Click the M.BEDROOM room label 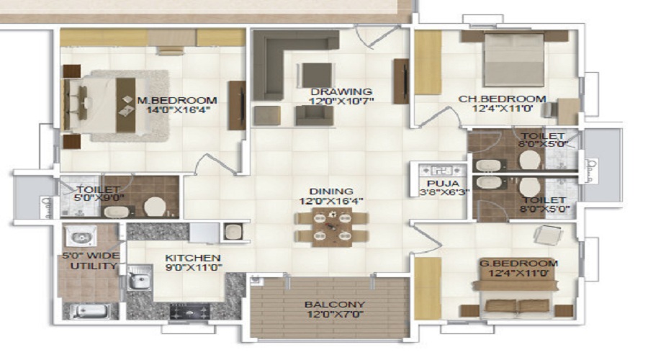(177, 100)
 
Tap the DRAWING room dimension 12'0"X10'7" (341, 102)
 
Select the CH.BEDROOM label (502, 99)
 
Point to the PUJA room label (443, 184)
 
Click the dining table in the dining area (332, 227)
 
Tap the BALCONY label (335, 305)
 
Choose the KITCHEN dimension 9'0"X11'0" (194, 268)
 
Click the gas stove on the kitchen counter (189, 311)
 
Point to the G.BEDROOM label (518, 264)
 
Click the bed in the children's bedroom (514, 60)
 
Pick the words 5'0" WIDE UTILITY (94, 261)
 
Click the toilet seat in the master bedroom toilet (155, 206)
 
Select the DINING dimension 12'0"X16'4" (331, 202)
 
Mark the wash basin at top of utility (81, 236)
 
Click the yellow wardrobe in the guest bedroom (428, 288)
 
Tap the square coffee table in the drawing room (317, 75)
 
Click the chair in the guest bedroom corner (548, 235)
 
